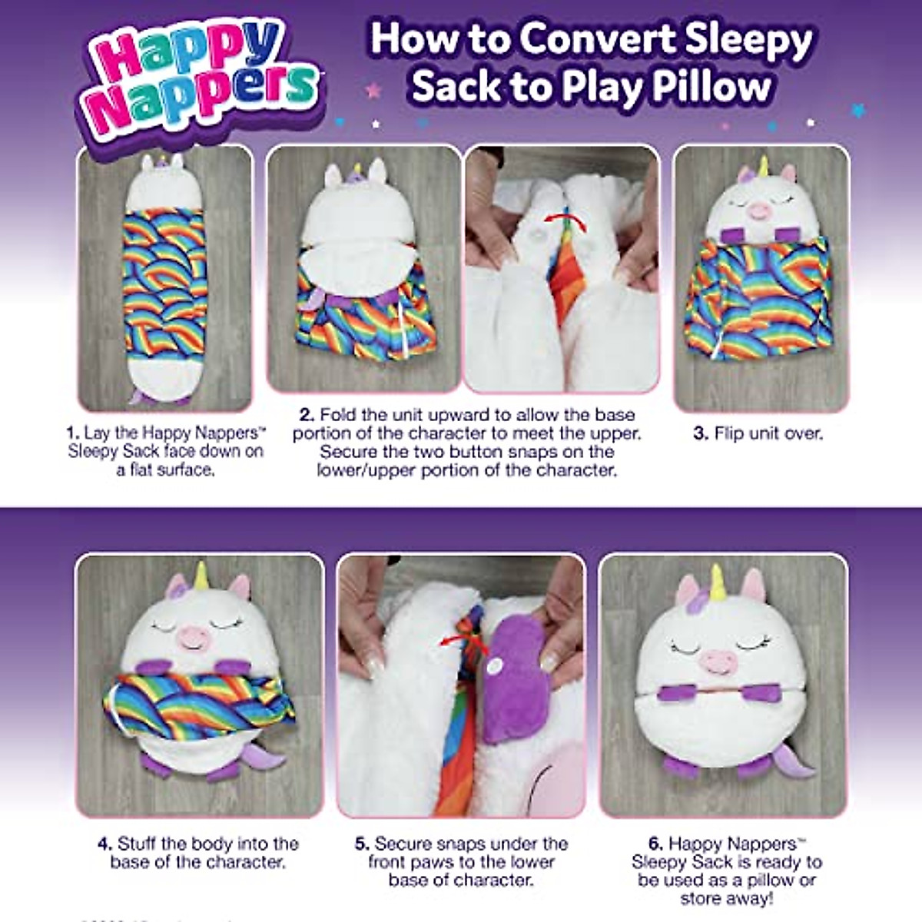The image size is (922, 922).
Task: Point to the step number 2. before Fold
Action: [307, 415]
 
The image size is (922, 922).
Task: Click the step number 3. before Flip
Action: [700, 433]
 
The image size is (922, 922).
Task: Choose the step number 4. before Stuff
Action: [105, 844]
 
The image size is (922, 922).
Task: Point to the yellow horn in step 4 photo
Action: [202, 576]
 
